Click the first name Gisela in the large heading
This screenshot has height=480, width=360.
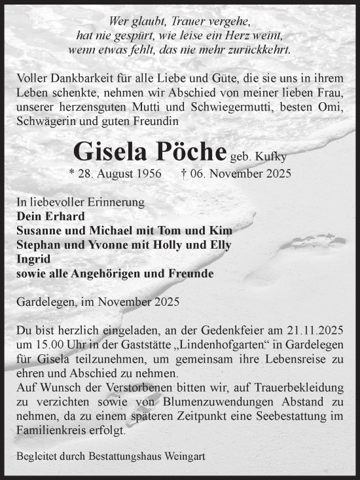[x=111, y=151]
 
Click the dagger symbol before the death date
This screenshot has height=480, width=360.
[x=184, y=174]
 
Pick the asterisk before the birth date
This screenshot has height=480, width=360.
[x=72, y=175]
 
